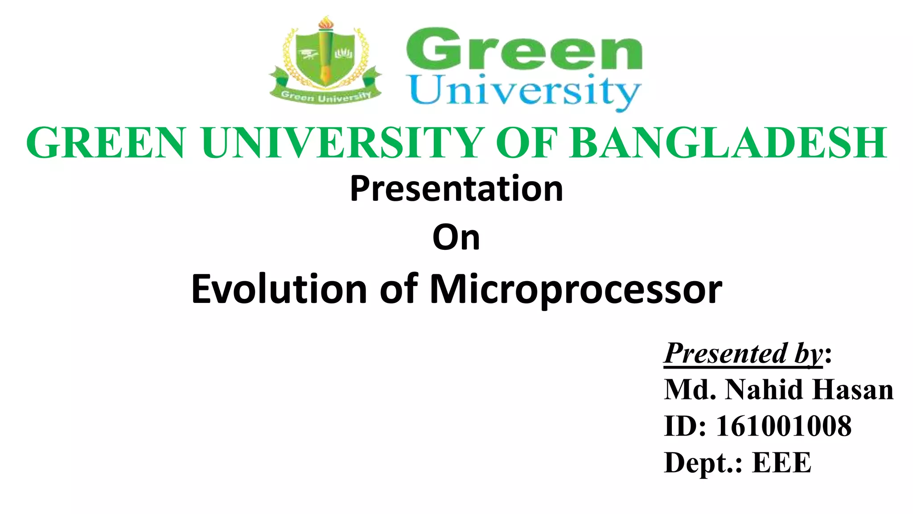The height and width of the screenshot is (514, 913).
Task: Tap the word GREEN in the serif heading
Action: [106, 143]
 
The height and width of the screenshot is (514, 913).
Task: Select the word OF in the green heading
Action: [526, 143]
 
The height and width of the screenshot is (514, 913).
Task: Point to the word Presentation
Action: [456, 189]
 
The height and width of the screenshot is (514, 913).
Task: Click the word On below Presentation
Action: [456, 238]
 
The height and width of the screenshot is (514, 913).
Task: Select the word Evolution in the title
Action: [279, 290]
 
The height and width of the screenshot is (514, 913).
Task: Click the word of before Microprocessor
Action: [399, 290]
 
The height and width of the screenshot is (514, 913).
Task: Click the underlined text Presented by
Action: [743, 354]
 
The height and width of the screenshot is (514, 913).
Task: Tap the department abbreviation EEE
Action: [782, 462]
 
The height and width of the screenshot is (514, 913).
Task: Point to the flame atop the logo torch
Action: [325, 22]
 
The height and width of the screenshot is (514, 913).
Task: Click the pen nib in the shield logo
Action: [326, 74]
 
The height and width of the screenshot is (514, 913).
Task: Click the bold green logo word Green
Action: [524, 50]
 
